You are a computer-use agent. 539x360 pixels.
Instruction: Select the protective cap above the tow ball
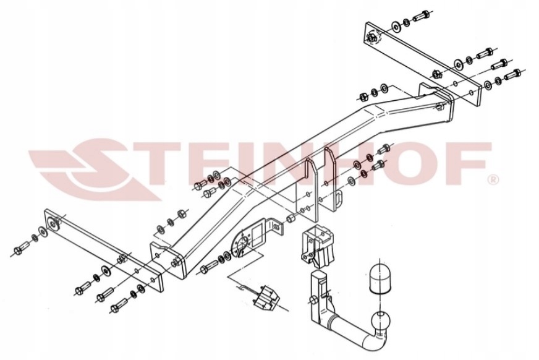coord(380,278)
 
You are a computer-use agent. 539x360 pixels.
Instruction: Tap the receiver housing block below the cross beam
coord(317,245)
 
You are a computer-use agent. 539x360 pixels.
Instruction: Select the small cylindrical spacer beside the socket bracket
coord(291,218)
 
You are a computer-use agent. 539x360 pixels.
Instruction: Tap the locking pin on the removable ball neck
coord(313,299)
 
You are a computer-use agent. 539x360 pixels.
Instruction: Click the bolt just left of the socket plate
coord(208,266)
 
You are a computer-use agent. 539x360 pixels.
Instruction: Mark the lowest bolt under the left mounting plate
coord(119,305)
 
